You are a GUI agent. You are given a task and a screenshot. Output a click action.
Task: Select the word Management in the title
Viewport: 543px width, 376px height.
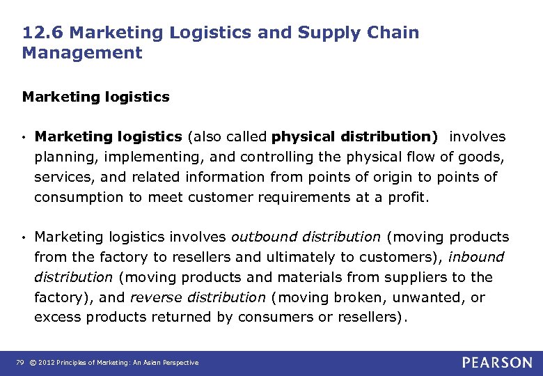pyautogui.click(x=82, y=53)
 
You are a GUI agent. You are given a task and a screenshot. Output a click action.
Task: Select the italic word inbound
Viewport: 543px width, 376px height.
pyautogui.click(x=476, y=257)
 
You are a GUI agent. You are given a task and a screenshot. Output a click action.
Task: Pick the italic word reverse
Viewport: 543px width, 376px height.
pyautogui.click(x=154, y=297)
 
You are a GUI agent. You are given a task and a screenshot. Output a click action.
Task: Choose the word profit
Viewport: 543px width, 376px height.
pyautogui.click(x=409, y=197)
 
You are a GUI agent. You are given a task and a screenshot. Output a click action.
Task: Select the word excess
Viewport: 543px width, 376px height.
pyautogui.click(x=55, y=318)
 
